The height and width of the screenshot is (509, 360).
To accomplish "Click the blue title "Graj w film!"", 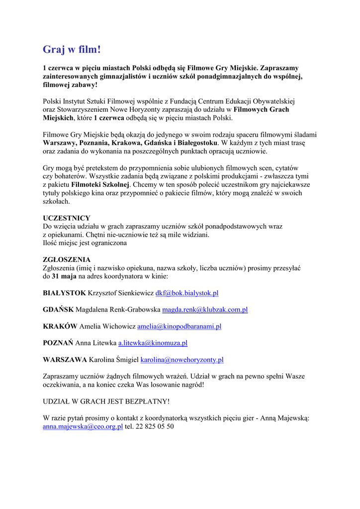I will [x=72, y=49].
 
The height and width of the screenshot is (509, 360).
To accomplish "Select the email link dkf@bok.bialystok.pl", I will [x=187, y=293].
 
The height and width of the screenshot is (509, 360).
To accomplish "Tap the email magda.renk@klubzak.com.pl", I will [x=205, y=310].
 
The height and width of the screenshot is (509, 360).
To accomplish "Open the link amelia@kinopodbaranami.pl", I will [x=179, y=326].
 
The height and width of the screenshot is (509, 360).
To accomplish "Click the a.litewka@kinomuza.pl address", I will [x=153, y=343].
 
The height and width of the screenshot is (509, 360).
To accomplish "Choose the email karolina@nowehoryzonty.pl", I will [x=182, y=359].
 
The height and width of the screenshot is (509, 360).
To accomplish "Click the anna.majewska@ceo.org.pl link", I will [x=83, y=426].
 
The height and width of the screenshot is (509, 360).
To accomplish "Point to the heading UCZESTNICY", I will [x=67, y=218].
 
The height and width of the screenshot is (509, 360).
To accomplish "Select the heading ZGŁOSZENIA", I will [x=67, y=259].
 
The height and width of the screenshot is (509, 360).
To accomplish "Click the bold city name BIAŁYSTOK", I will [x=64, y=293].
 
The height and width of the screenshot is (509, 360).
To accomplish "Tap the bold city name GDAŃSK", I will [x=58, y=310].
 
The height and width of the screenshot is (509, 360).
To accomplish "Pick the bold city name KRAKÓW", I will [x=60, y=326].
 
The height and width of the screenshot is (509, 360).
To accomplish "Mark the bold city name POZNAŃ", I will [x=58, y=343].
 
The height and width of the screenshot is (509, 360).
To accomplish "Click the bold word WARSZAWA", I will [x=65, y=359].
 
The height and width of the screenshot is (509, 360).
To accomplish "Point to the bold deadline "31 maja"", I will [x=64, y=276].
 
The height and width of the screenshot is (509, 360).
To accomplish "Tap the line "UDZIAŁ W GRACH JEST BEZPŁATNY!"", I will [x=106, y=401].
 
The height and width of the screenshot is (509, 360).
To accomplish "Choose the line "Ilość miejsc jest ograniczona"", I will [x=85, y=243].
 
